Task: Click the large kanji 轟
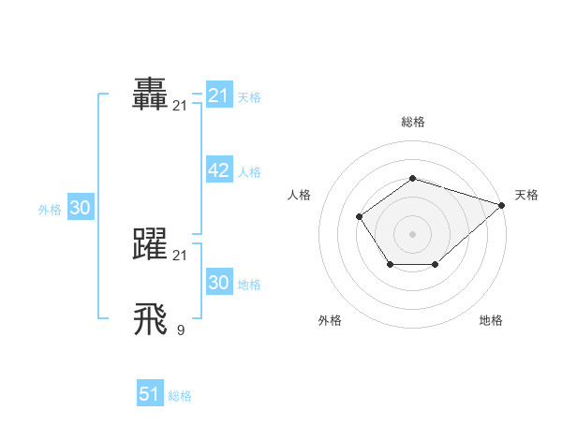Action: pyautogui.click(x=151, y=94)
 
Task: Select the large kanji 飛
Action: pyautogui.click(x=151, y=318)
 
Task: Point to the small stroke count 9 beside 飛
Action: pyautogui.click(x=180, y=329)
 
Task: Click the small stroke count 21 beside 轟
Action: pyautogui.click(x=180, y=106)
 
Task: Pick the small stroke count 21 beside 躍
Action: pyautogui.click(x=180, y=255)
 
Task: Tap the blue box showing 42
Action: pyautogui.click(x=218, y=170)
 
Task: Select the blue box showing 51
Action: pyautogui.click(x=149, y=394)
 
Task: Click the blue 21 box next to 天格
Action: pyautogui.click(x=218, y=95)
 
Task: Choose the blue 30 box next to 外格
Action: pyautogui.click(x=80, y=208)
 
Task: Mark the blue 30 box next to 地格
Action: pyautogui.click(x=218, y=283)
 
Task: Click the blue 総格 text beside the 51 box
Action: pyautogui.click(x=180, y=396)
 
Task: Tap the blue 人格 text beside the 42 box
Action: pyautogui.click(x=249, y=172)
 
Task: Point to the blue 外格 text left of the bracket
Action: pyautogui.click(x=50, y=211)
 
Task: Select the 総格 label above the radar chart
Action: pyautogui.click(x=412, y=122)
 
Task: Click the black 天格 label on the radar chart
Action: pyautogui.click(x=526, y=195)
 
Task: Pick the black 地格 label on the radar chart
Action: pyautogui.click(x=491, y=320)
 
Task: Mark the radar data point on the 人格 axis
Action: pyautogui.click(x=360, y=216)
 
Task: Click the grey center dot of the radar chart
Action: pyautogui.click(x=412, y=233)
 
